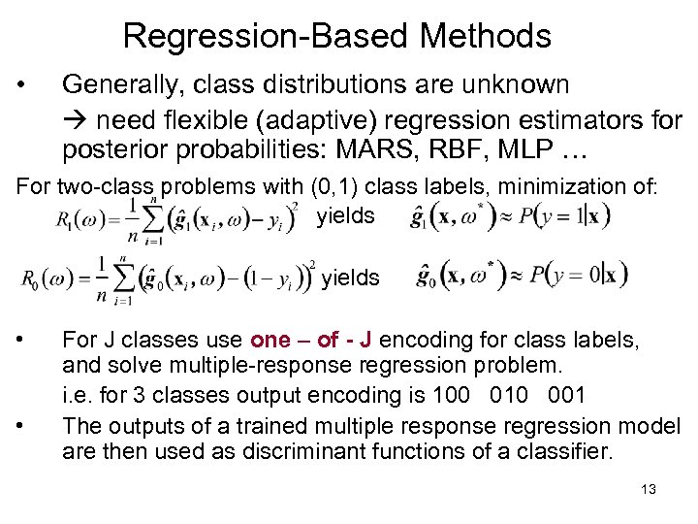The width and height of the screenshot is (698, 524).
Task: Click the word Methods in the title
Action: point(486,37)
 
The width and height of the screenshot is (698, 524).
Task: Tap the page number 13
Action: point(649,489)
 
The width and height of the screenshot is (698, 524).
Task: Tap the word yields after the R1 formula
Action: point(345,216)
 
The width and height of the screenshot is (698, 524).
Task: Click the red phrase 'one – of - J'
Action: point(310,340)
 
